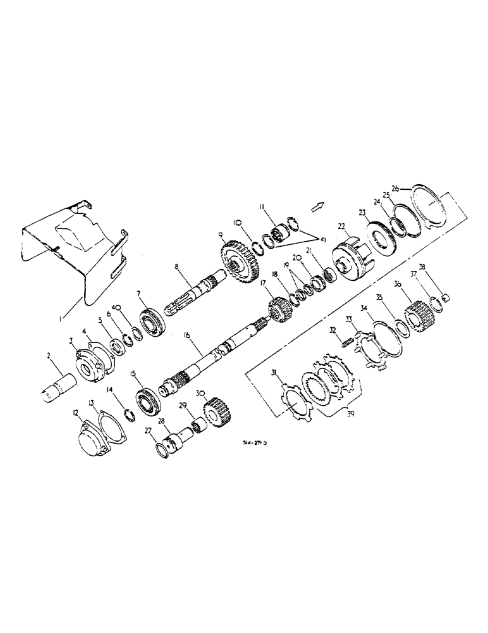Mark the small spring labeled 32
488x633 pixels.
click(x=346, y=343)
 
